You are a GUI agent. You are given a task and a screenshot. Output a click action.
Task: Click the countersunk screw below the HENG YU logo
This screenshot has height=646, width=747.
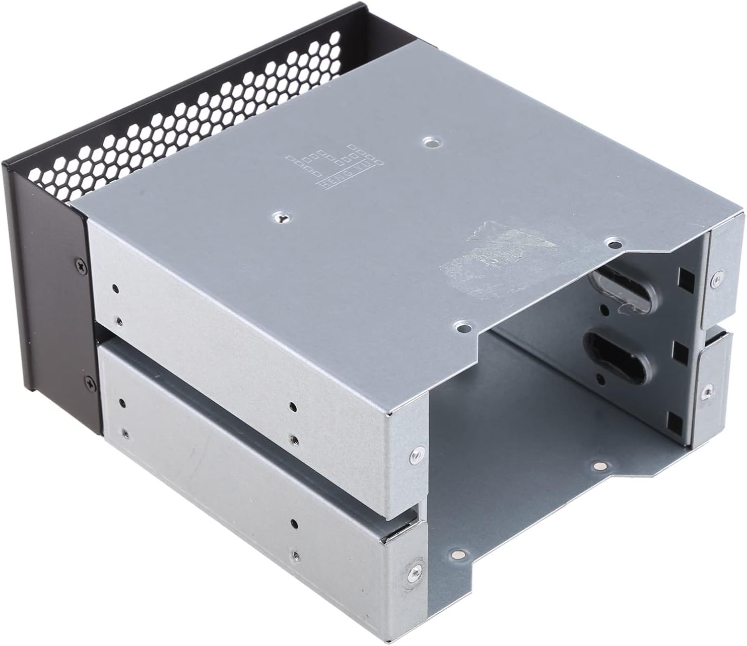(281, 218)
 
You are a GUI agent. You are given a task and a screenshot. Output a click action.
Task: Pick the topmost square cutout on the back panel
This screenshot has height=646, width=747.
(685, 276)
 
